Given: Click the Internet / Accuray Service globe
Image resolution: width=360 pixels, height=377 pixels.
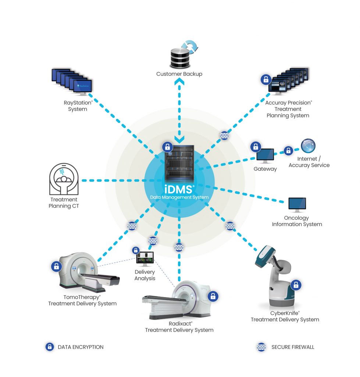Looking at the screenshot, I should point(308,146).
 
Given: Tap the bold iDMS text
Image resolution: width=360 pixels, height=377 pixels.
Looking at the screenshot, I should point(179,190).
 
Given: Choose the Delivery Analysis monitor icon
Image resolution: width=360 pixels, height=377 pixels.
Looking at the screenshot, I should point(145,259).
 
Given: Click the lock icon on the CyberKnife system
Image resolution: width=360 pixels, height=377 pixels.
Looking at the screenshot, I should point(296,284).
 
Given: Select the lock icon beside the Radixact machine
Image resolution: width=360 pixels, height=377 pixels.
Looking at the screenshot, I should point(213,296).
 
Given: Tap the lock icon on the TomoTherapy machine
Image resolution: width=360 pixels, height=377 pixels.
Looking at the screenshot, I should point(56,266).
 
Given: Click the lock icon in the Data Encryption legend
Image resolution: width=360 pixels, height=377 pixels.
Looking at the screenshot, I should point(49,347).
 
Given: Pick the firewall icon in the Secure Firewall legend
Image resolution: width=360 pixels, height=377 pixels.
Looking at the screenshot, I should point(261,347).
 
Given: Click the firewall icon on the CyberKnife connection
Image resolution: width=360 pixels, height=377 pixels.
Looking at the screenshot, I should point(230,225).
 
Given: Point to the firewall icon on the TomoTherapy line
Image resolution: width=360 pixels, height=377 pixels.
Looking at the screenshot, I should point(132,226).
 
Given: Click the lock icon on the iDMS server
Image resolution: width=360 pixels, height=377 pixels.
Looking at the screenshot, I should point(167,147).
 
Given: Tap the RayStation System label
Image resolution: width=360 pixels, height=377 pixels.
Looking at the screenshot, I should point(78,106).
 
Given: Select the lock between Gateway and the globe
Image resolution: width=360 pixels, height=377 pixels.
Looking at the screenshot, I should point(288,150).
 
